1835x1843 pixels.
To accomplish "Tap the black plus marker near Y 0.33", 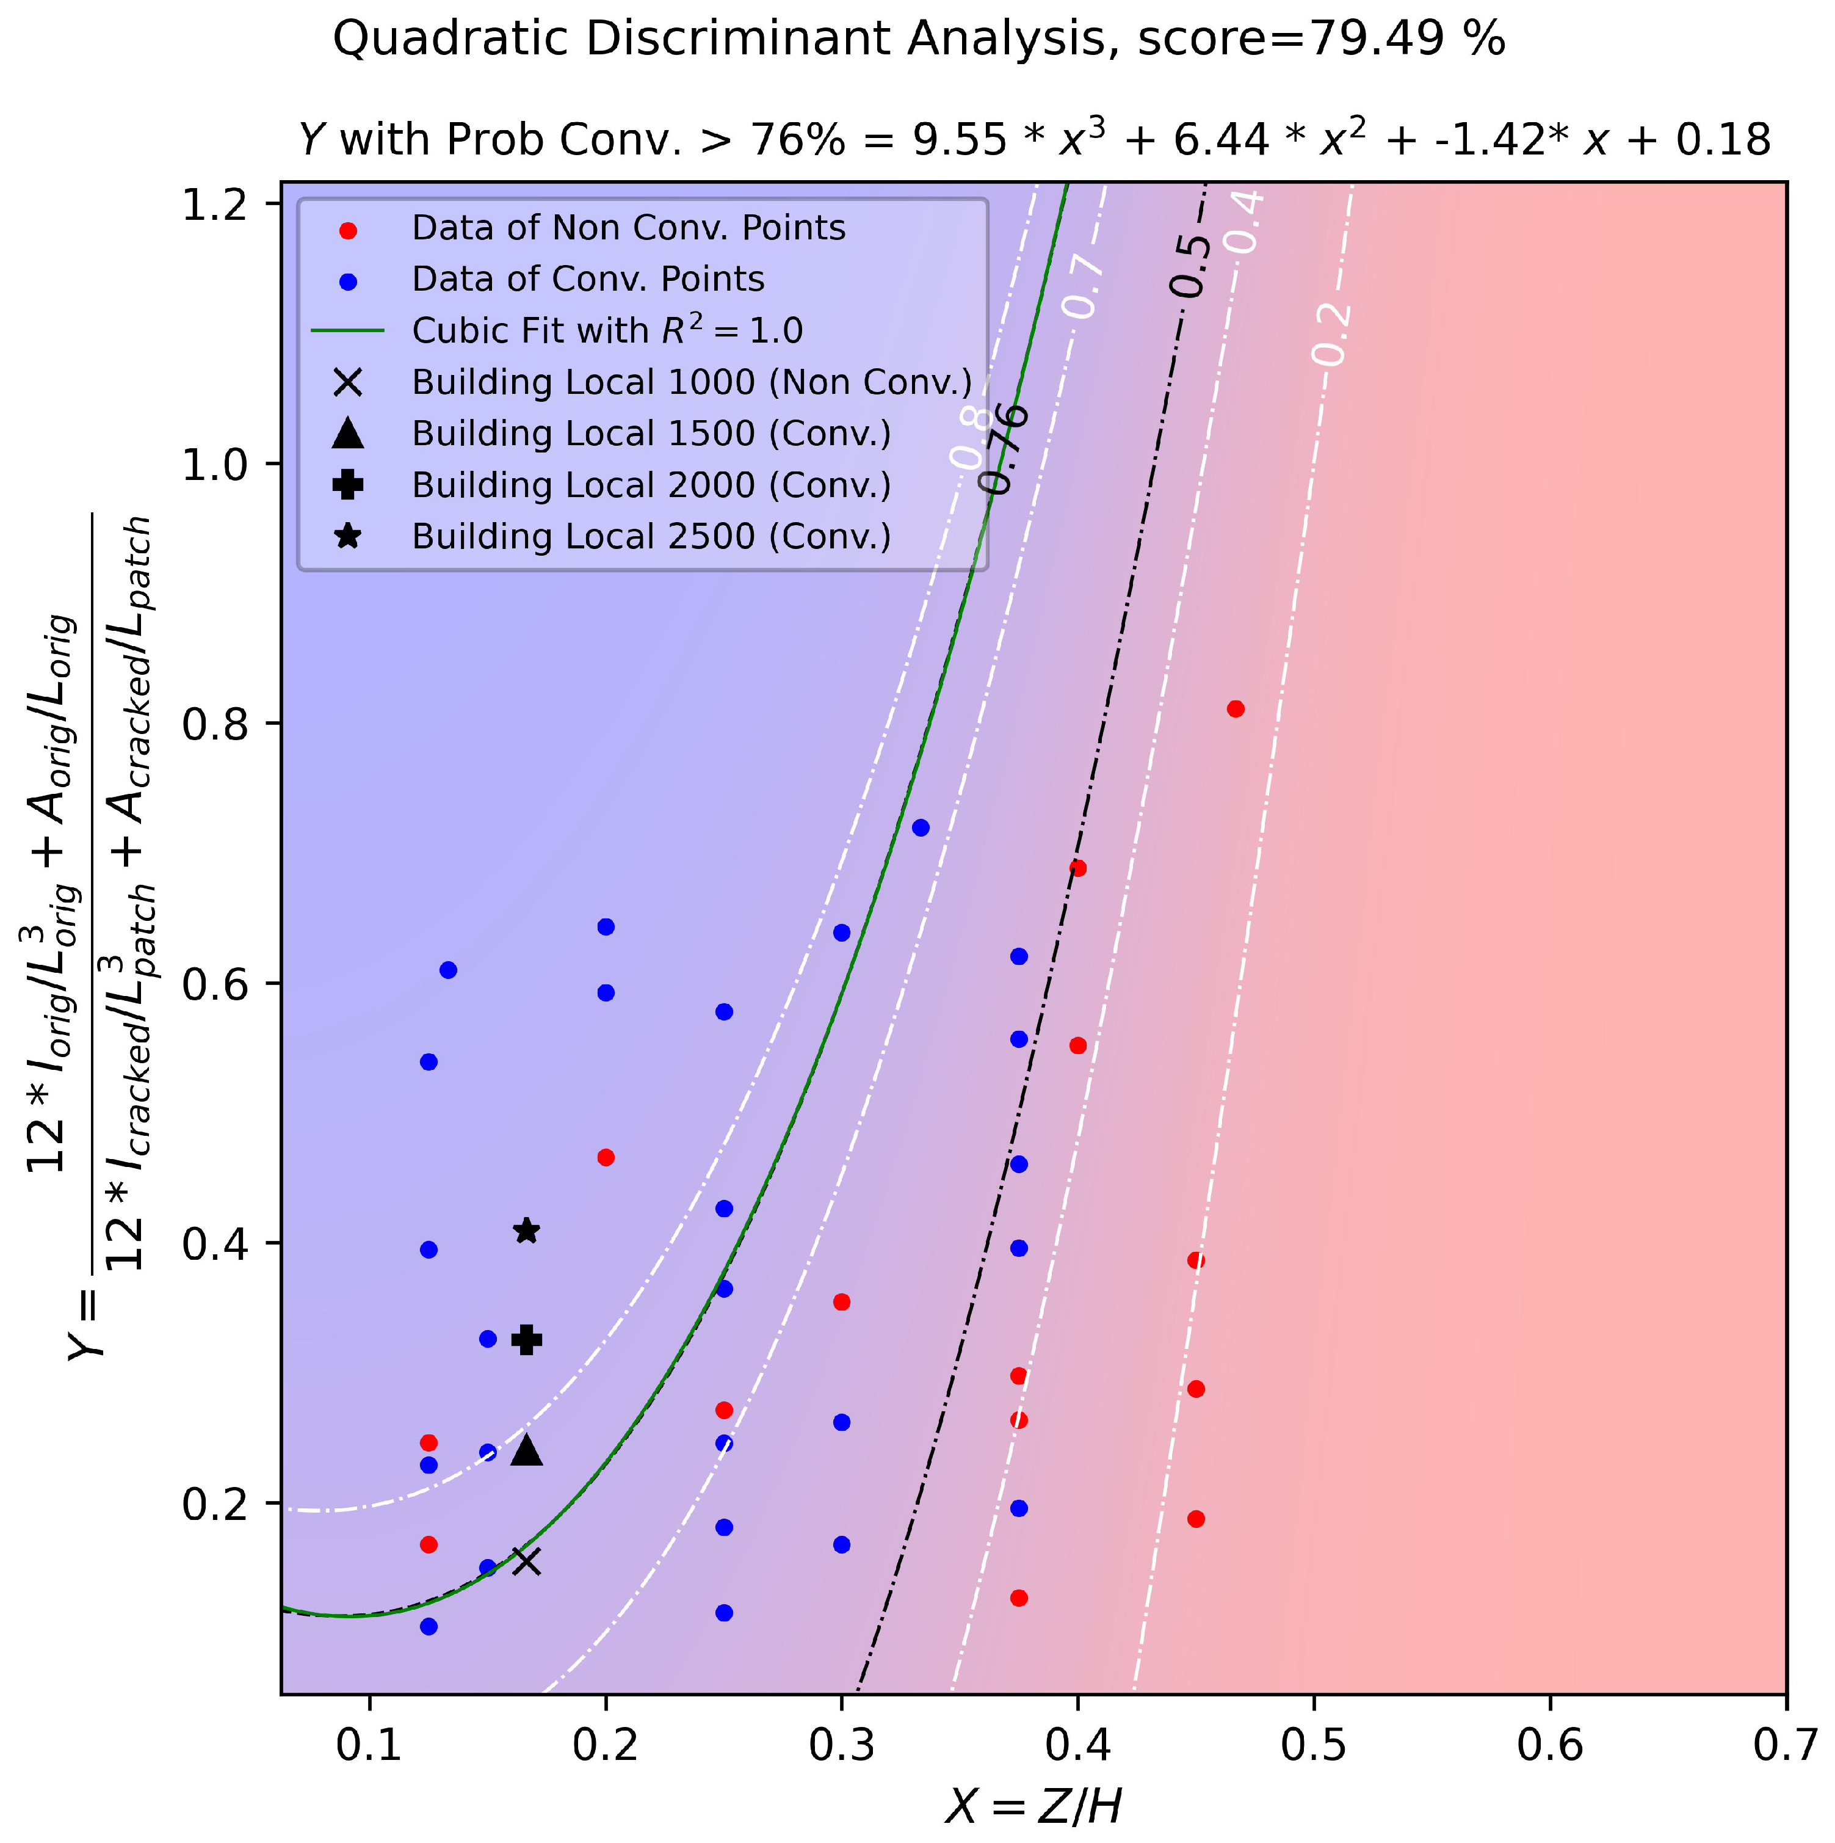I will [526, 1339].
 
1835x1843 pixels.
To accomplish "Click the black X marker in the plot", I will [526, 1561].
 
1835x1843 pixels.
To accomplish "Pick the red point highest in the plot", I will [1235, 709].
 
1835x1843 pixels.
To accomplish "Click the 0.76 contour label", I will [1004, 448].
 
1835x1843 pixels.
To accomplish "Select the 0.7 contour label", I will [1084, 287].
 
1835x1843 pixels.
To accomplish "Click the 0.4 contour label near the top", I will [1245, 221].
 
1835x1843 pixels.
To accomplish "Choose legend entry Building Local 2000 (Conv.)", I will [651, 485].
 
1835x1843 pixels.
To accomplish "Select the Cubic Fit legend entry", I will [607, 331].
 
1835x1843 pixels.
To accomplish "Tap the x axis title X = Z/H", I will [1033, 1806].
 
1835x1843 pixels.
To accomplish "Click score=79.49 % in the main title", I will [1321, 40].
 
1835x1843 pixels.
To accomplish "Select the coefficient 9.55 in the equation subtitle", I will [958, 140].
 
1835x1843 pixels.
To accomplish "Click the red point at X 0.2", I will [605, 1157].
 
